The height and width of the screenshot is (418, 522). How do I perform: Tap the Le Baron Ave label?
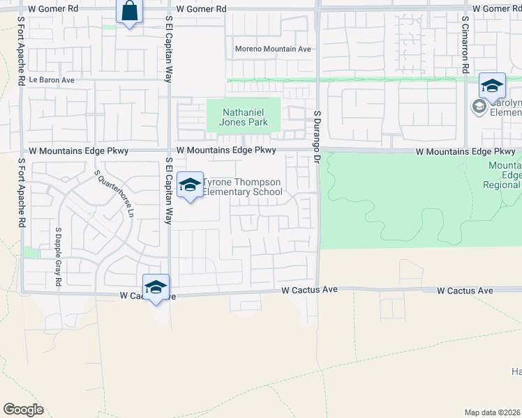[51, 80]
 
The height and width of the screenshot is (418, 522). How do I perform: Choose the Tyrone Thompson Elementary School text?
[241, 187]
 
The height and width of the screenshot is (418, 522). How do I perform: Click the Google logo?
[23, 409]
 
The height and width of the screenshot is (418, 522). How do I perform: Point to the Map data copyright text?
[493, 412]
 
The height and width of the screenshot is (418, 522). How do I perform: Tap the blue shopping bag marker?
[130, 12]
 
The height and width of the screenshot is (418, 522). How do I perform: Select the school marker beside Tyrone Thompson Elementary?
[190, 185]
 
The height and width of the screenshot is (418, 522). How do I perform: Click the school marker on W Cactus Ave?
[156, 287]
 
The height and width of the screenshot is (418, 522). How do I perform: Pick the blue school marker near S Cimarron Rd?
[492, 86]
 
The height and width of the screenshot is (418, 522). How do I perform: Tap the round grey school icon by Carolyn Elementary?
[479, 107]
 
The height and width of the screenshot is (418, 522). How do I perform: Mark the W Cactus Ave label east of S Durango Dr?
[465, 291]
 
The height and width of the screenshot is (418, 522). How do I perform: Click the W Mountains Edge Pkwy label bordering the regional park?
[465, 151]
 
